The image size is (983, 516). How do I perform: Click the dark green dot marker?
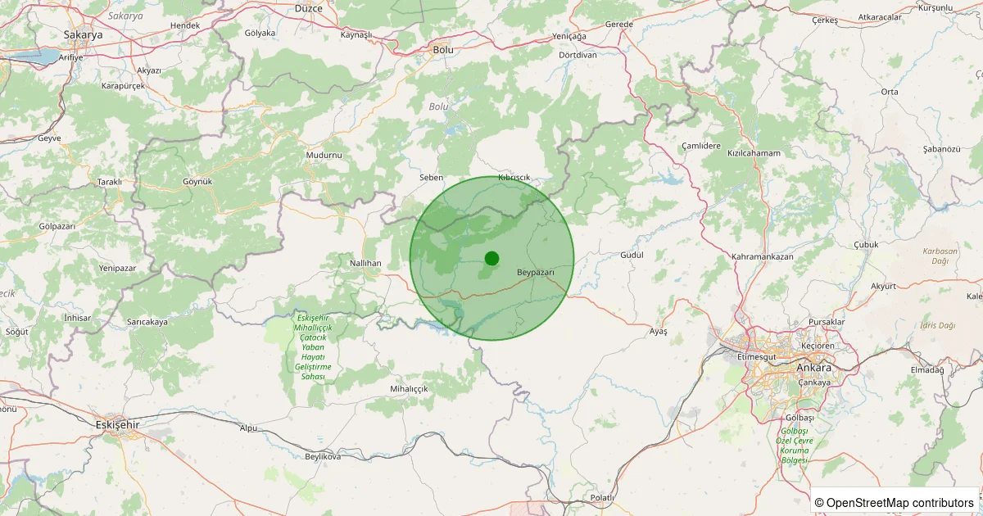coord(491,258)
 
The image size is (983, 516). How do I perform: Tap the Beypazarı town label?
coord(537,272)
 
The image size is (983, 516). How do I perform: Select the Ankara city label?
coord(813,368)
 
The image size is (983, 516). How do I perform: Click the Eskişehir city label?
coord(118,425)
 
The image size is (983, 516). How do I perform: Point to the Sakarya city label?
coord(83,35)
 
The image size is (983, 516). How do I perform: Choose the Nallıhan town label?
coord(366,262)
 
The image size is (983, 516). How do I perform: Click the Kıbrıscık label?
coord(514,178)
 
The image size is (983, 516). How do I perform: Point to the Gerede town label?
coord(618,25)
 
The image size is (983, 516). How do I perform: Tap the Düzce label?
coord(310,7)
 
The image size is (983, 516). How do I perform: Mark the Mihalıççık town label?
coord(410,388)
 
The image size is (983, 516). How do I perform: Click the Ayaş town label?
coord(659,331)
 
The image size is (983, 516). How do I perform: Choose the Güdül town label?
coord(632,255)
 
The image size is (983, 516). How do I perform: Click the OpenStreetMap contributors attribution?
coord(895,502)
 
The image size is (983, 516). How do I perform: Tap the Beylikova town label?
coord(322,456)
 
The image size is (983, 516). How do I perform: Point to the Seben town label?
coord(431,177)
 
